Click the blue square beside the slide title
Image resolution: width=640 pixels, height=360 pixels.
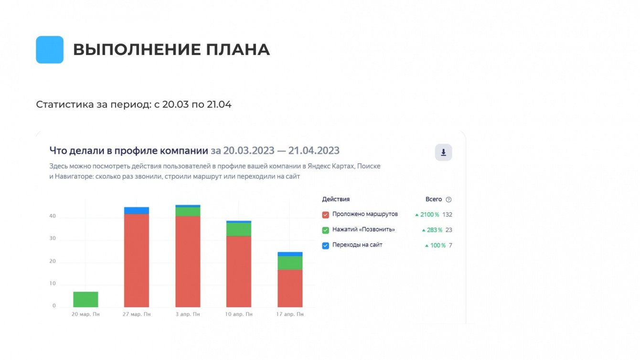point(50,50)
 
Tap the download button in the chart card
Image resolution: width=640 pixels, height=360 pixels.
point(443,152)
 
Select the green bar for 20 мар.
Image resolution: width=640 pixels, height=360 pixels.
point(85,299)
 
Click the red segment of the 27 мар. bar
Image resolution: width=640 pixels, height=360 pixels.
point(136,260)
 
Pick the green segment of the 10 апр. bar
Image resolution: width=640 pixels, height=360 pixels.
point(239,230)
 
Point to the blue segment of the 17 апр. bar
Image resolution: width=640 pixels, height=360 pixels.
point(290,254)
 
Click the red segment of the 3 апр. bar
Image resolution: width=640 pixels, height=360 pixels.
point(188,262)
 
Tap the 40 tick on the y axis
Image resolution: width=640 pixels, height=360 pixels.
point(53,216)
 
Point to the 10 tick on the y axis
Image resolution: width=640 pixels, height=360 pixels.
point(53,284)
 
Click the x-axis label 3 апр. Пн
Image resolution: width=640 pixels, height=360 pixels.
point(188,314)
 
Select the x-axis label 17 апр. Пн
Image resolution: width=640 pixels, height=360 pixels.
point(290,314)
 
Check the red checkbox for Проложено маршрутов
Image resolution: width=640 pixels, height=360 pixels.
point(326,215)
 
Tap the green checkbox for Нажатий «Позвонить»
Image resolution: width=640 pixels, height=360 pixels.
point(326,230)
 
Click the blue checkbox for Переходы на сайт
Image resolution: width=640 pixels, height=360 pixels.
point(326,245)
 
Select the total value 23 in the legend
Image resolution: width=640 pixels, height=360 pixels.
point(448,230)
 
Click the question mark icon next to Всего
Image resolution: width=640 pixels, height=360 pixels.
point(448,200)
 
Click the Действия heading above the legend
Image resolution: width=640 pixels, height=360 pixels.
point(336,200)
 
